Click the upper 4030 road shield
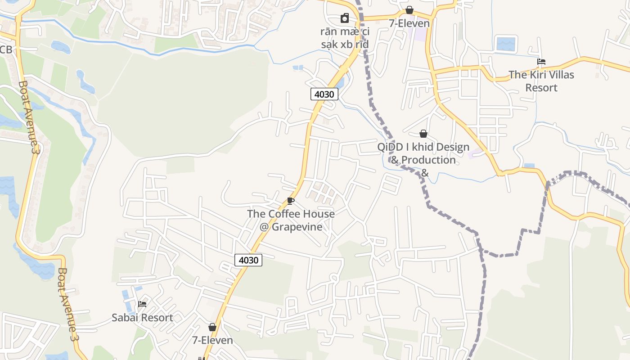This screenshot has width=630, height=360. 324,94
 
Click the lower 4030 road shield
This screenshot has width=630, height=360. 248,260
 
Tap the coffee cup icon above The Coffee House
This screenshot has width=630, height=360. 291,201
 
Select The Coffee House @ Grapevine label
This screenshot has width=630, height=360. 291,220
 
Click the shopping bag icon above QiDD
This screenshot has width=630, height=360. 423,134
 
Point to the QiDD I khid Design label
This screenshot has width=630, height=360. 423,147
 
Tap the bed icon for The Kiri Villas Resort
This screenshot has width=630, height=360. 541,62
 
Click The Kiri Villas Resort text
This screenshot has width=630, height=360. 541,81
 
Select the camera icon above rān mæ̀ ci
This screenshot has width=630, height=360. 344,18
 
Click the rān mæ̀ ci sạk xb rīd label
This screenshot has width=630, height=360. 345,38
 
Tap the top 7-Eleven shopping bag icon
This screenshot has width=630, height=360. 409,10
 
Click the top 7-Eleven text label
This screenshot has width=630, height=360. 409,23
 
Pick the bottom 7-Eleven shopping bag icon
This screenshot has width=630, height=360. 212,327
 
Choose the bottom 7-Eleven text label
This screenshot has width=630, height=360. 212,340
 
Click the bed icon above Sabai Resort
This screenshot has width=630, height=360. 142,304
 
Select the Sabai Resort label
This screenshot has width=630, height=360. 142,318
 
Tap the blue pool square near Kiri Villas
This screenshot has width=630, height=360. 505,44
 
